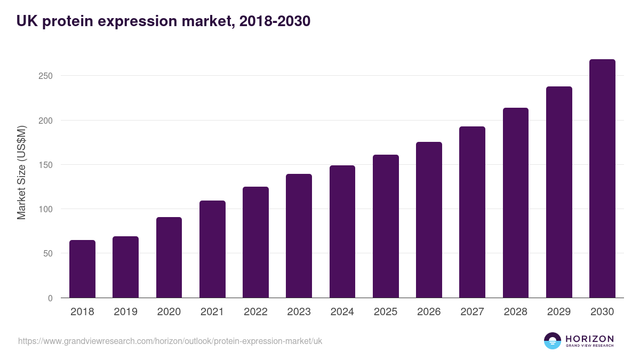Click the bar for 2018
tap(82, 269)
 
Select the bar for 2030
tap(602, 179)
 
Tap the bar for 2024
tap(342, 231)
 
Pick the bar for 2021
tap(212, 249)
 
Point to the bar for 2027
tap(472, 212)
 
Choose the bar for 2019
tap(125, 267)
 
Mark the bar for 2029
tap(559, 192)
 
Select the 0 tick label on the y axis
tap(50, 298)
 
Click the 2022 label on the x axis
tap(255, 312)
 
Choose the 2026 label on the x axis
tap(429, 312)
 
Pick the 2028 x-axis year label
tap(516, 312)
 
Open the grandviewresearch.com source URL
tap(170, 341)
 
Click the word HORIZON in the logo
tap(589, 338)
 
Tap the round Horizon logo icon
tap(553, 341)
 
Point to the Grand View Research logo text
tap(589, 346)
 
